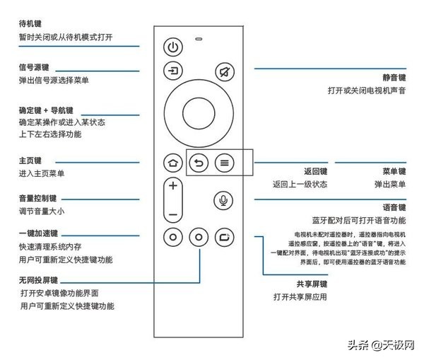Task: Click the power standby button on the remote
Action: click(173, 47)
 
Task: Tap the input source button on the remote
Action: click(173, 72)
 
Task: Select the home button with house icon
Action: click(172, 162)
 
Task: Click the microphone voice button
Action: click(224, 200)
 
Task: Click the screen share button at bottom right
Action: click(224, 237)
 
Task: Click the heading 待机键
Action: click(29, 23)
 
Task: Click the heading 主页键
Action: click(30, 161)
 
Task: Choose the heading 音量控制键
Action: click(37, 197)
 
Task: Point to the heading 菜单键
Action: click(393, 171)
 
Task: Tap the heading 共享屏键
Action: click(312, 284)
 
